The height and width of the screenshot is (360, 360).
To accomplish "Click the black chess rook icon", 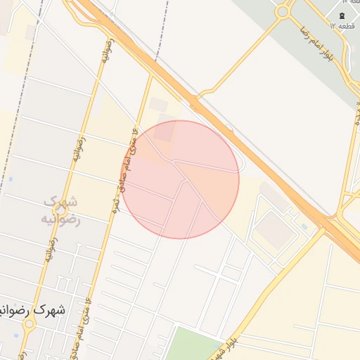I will pyautogui.click(x=342, y=15).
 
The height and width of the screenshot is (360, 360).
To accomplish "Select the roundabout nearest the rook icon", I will pyautogui.click(x=283, y=11).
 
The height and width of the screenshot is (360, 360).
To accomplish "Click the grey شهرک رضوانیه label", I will pyautogui.click(x=60, y=210).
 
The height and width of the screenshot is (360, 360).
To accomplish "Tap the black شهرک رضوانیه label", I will pyautogui.click(x=34, y=310).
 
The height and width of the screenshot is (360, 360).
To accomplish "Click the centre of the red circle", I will pyautogui.click(x=180, y=180).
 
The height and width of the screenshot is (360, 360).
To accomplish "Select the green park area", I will pyautogui.click(x=193, y=345).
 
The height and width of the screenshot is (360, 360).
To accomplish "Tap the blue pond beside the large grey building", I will pyautogui.click(x=304, y=226).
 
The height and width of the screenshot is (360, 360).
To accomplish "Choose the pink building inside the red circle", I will pyautogui.click(x=165, y=131).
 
